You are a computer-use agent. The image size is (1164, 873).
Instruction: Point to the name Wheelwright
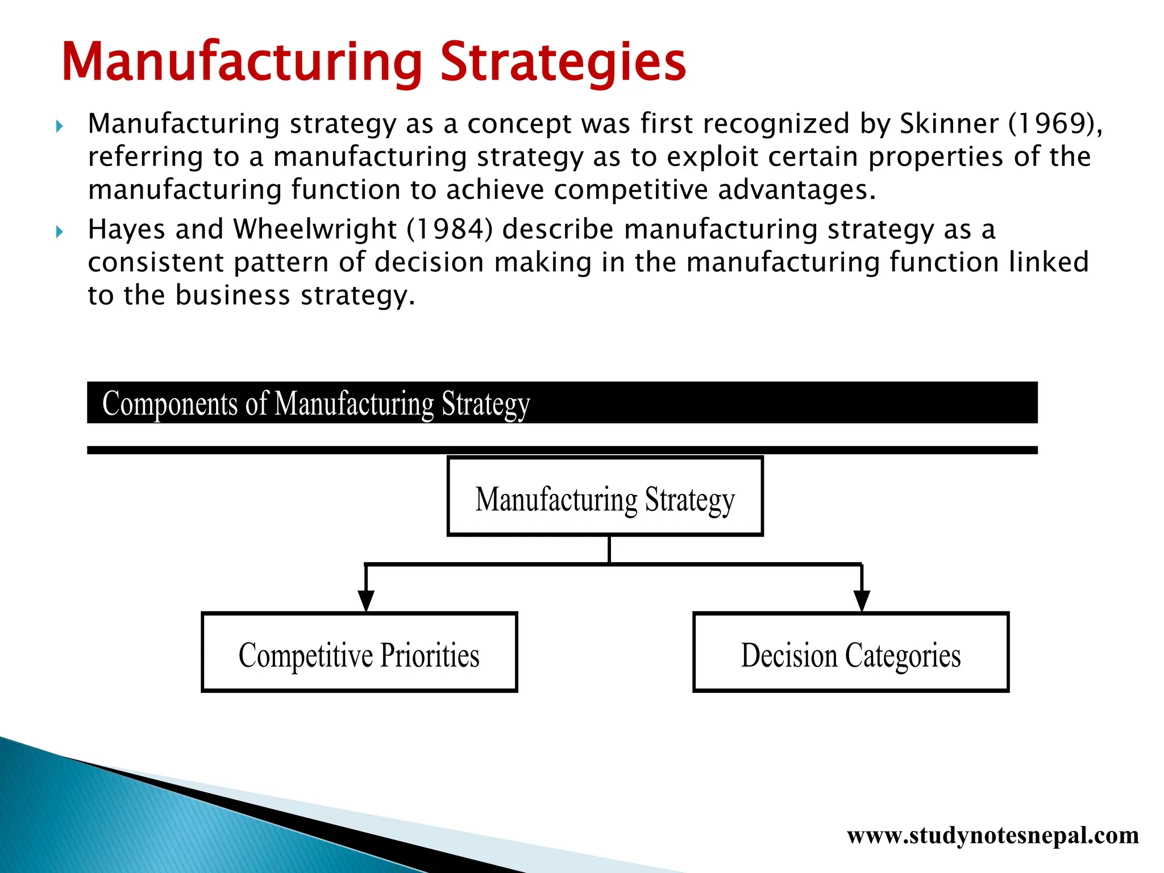click(x=314, y=230)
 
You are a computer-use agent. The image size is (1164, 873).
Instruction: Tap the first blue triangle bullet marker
click(x=60, y=126)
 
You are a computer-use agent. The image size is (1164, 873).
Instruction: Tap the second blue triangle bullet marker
click(x=60, y=231)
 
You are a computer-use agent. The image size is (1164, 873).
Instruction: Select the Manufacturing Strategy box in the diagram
click(x=605, y=496)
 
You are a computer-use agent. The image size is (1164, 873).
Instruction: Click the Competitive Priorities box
click(x=359, y=652)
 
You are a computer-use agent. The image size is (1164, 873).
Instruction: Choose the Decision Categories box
click(x=850, y=652)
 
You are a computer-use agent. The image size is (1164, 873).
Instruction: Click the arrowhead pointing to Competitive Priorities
click(x=366, y=600)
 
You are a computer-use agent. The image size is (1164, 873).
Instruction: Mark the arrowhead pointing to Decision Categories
click(x=862, y=600)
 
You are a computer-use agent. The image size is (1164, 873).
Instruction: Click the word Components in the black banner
click(x=169, y=404)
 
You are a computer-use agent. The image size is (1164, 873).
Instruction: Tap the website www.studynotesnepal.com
click(x=992, y=835)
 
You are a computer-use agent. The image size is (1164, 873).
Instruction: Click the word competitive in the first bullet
click(x=630, y=190)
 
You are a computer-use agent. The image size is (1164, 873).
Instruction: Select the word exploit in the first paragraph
click(x=712, y=157)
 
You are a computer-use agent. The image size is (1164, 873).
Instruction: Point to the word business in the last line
click(x=232, y=296)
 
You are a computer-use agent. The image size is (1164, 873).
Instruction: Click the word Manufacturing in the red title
click(x=242, y=63)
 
